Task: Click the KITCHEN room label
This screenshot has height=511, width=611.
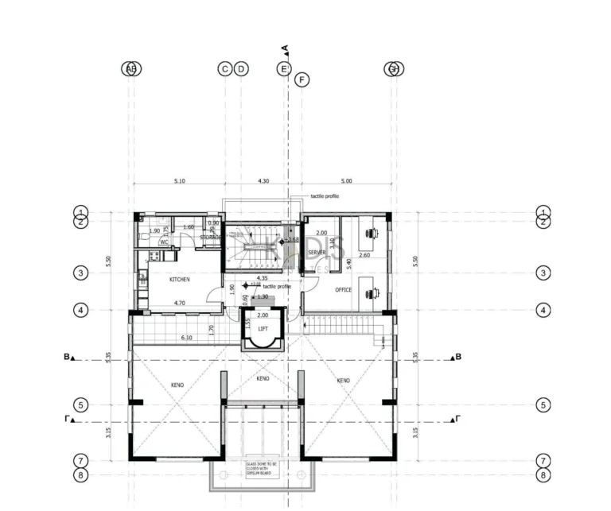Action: click(178, 280)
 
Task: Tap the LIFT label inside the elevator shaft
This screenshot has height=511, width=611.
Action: click(263, 327)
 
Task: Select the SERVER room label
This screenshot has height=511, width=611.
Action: click(317, 253)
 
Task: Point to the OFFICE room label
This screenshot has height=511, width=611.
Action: click(343, 290)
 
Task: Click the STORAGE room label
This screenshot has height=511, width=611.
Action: click(210, 237)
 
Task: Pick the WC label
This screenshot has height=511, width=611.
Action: click(164, 242)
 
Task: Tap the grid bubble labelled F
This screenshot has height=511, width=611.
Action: click(301, 79)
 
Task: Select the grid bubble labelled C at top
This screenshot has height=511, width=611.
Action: click(224, 69)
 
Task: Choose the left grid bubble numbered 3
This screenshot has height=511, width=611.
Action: click(80, 273)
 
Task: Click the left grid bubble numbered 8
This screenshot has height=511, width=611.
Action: click(80, 475)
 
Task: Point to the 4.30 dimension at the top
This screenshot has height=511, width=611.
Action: click(263, 181)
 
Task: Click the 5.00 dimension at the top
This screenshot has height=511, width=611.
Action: click(345, 181)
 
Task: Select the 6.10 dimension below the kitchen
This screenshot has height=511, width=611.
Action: click(186, 338)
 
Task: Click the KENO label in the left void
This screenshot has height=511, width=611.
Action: click(177, 385)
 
